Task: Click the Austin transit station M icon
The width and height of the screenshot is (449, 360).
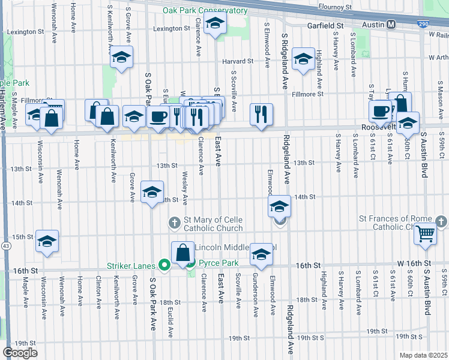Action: point(391,25)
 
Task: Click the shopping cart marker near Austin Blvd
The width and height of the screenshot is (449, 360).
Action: point(426,233)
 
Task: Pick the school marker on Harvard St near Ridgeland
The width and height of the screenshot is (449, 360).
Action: point(303,59)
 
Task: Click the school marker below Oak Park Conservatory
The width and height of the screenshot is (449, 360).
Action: point(214,25)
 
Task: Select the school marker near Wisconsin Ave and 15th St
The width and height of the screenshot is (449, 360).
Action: point(47,241)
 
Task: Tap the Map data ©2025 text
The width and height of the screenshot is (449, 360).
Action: point(423,355)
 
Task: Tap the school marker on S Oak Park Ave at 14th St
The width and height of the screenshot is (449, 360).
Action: point(152,192)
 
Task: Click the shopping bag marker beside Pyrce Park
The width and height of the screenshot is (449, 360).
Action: point(182,253)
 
